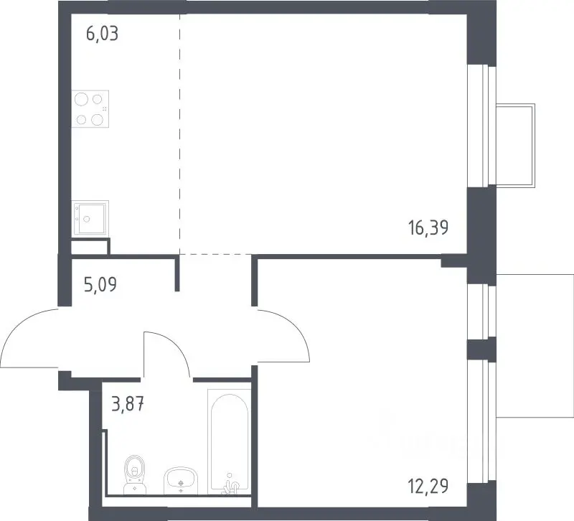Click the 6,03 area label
[x=102, y=34]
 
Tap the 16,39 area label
[x=428, y=228]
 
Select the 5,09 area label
[x=100, y=284]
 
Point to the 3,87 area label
[x=128, y=405]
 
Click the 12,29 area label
[x=428, y=487]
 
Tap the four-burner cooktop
[x=90, y=109]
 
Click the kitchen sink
[x=90, y=218]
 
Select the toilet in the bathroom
[x=135, y=474]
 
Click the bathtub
[x=230, y=442]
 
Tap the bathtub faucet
[x=230, y=486]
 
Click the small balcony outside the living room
[x=515, y=146]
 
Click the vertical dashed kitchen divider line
[x=180, y=134]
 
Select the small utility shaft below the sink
[x=90, y=246]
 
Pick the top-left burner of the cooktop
[x=81, y=99]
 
